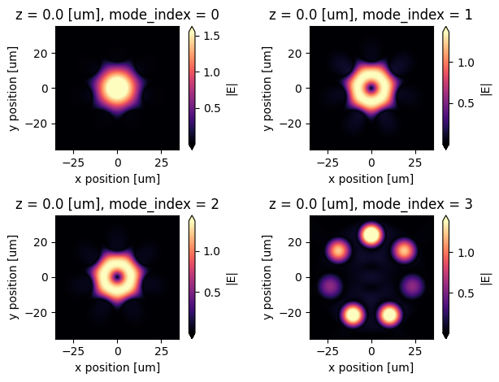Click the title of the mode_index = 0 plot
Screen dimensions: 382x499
tap(117, 12)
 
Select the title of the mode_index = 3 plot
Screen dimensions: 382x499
tap(371, 202)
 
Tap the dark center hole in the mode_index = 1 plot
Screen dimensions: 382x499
tap(371, 88)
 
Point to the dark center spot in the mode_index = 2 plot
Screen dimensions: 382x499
tap(117, 277)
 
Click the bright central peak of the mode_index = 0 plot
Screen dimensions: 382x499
tap(117, 88)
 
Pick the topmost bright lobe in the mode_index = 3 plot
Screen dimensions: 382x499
tap(371, 235)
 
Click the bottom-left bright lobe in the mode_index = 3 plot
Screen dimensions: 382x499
tap(353, 314)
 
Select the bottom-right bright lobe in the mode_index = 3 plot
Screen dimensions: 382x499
tap(390, 314)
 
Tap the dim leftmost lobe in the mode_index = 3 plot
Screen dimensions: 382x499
tap(329, 286)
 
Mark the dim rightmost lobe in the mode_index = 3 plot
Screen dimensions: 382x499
tap(414, 286)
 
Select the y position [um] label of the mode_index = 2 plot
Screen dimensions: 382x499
tap(13, 277)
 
